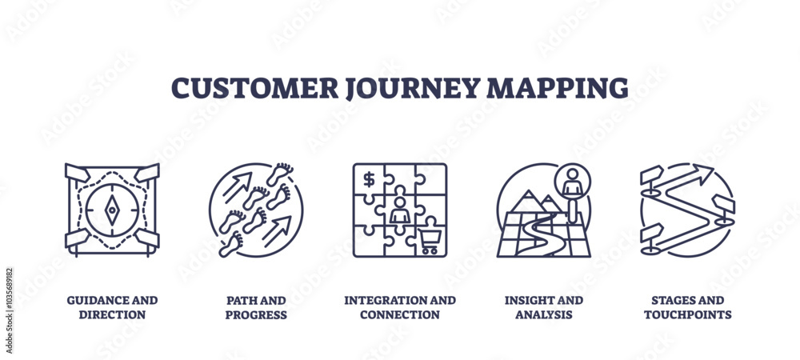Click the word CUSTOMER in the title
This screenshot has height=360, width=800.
click(254, 88)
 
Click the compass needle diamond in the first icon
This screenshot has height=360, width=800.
click(112, 210)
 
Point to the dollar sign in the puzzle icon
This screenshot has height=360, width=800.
click(369, 179)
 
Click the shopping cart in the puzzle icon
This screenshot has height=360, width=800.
click(430, 242)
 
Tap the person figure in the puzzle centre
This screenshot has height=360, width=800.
click(400, 210)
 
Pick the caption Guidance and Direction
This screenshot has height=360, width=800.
click(112, 307)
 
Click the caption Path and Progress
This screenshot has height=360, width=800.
click(256, 307)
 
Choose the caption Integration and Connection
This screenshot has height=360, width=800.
click(400, 307)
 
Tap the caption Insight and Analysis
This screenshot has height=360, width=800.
click(544, 307)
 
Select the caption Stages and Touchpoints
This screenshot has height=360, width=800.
click(688, 307)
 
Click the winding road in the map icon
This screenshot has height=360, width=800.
click(542, 234)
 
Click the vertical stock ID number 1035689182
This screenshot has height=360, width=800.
click(9, 310)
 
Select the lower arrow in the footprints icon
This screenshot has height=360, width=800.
click(277, 231)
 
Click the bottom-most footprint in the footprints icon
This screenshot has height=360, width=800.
click(230, 244)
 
